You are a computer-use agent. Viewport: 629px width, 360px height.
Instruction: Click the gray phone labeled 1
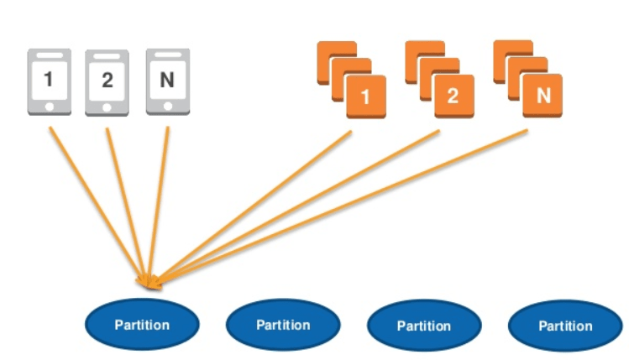[50, 81]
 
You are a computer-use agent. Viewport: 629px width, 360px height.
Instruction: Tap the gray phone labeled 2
[107, 82]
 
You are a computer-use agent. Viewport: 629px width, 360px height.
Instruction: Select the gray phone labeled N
[168, 81]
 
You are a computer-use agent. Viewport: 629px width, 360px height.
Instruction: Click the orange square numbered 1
[366, 97]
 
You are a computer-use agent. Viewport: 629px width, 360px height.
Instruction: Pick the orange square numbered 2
[454, 96]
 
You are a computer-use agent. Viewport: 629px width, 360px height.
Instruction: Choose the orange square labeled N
[543, 96]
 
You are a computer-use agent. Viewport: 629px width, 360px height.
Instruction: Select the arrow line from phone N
[159, 205]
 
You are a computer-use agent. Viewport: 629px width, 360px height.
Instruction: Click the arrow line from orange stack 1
[254, 207]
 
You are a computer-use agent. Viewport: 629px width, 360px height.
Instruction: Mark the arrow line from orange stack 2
[297, 207]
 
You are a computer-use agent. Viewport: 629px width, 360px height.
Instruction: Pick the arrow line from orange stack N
[342, 207]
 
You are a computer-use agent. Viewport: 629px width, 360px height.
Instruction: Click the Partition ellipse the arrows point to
[142, 324]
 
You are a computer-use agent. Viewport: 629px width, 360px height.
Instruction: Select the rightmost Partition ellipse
[565, 326]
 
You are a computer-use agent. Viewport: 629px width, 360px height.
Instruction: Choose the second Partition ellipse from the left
[283, 325]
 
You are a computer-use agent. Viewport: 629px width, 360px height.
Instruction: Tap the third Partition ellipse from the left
[424, 326]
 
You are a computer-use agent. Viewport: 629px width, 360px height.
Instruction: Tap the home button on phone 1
[50, 107]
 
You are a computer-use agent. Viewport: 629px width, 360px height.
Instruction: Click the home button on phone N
[168, 107]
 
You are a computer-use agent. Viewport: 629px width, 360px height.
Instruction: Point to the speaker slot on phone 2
[107, 56]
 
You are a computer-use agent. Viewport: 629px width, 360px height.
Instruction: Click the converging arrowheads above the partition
[150, 282]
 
